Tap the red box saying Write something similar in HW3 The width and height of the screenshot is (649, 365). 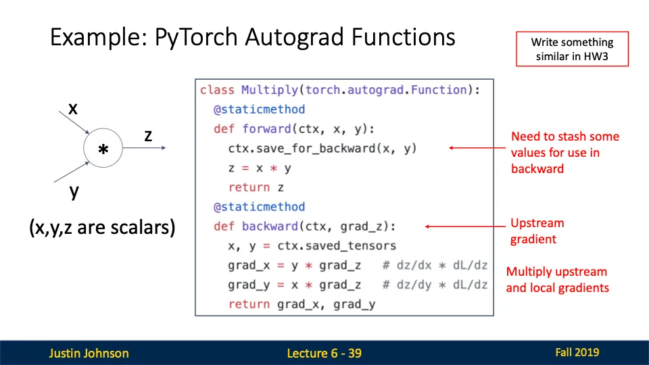572,49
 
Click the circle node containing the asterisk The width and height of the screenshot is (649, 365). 103,151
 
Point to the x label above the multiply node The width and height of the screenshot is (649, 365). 72,108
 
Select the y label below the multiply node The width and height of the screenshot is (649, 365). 74,191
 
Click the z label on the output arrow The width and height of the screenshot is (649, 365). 148,135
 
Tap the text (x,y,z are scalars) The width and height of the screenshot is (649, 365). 102,228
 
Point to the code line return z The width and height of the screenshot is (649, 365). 256,187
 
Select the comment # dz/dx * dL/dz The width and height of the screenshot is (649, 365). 435,266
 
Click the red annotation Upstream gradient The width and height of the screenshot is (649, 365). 537,231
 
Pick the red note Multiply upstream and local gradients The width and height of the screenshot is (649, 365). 557,280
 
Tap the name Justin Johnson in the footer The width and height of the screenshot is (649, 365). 89,353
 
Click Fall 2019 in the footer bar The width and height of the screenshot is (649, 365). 577,352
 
